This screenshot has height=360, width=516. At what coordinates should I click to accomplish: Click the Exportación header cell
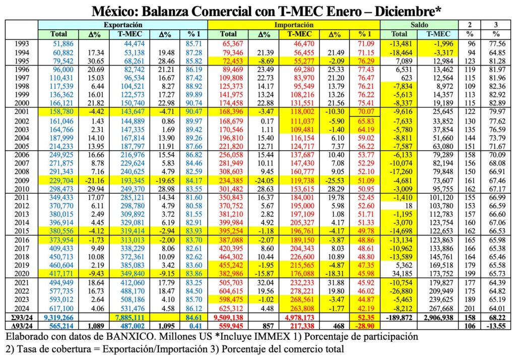tap(122, 24)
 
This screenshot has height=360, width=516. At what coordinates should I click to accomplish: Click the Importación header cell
tap(294, 24)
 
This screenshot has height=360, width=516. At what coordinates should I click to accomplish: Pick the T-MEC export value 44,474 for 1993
tap(134, 44)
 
